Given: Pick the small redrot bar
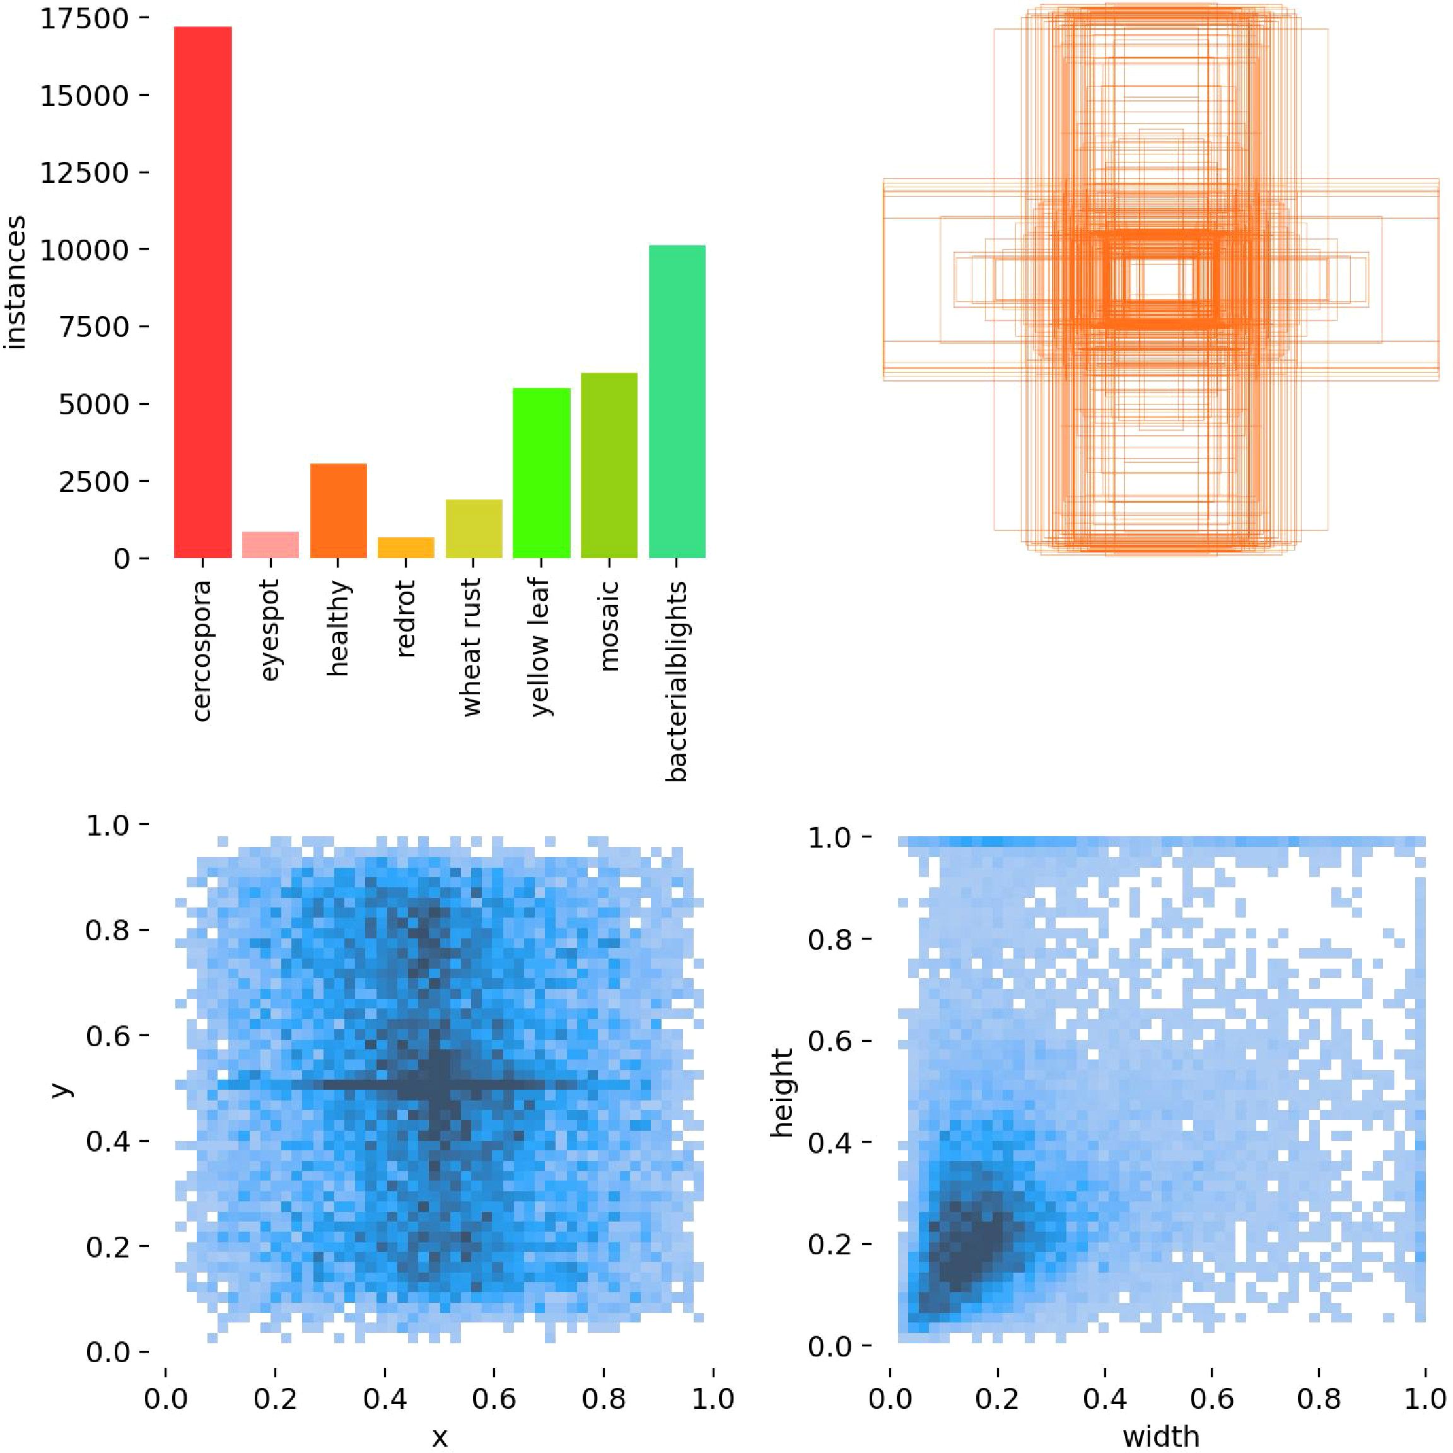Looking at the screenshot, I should coord(406,547).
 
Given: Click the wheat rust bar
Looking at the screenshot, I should coord(473,528).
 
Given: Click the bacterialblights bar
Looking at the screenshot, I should coord(676,402).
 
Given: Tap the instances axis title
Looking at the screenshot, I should coord(15,282).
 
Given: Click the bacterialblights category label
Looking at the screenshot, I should coord(676,680).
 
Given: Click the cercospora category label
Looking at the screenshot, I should coord(202,651).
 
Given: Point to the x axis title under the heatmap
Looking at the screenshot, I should coord(439,1438).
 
